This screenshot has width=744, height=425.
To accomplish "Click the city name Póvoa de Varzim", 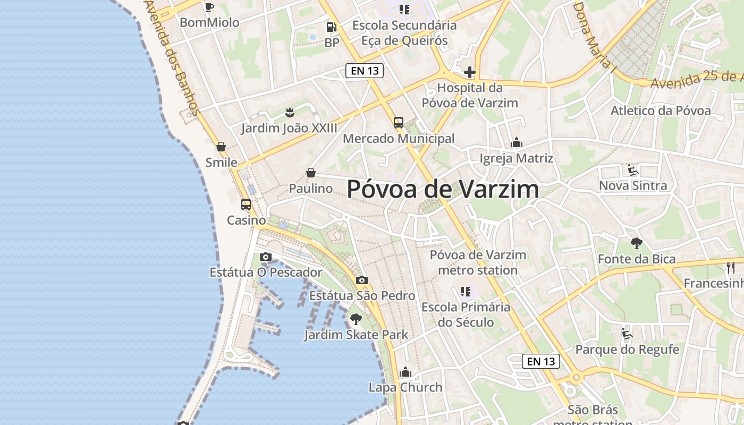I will pos(443,190).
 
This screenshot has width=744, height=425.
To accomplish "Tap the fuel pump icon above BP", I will pos(332,27).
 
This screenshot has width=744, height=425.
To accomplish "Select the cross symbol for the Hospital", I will pos(469,72).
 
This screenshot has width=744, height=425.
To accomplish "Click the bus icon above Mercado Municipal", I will pos(399,123).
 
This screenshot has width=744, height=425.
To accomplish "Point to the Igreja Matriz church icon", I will pos(516,142).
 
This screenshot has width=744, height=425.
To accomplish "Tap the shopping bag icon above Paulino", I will pos(311,173).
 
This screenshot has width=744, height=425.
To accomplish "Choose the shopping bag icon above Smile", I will pos(221,147).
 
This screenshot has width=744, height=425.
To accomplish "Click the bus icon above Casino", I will pos(246,205).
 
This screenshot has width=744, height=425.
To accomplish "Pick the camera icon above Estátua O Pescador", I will pos(266,257).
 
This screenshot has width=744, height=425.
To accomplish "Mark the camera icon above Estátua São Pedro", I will pos(362,280).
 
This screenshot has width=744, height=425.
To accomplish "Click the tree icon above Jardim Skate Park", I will pos(356,319).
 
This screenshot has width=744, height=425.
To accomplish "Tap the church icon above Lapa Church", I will pos(405,371).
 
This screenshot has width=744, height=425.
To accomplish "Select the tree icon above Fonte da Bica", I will pos(636,244).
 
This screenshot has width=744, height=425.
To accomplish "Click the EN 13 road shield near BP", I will pos(365,71).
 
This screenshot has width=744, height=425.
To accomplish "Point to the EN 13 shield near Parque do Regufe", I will pos(542,362).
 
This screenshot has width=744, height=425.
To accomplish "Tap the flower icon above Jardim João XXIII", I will pos(290,112).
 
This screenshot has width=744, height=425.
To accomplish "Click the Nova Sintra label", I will pos(633,185).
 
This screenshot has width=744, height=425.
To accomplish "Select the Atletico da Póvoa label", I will pos(661,110).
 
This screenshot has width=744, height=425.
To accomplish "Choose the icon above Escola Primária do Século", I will pos(466,291).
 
